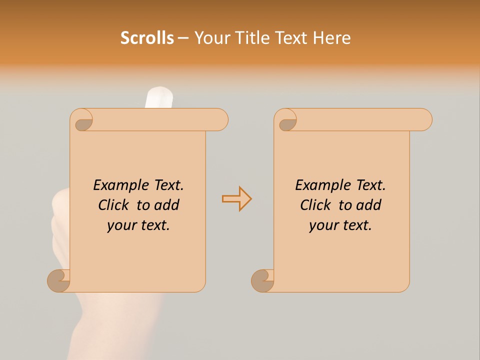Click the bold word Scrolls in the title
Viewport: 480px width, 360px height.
(147, 38)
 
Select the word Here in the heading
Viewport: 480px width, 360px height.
(331, 38)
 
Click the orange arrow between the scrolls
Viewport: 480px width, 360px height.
(236, 199)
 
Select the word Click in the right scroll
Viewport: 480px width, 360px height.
(316, 205)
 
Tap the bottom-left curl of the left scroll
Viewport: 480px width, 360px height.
(58, 280)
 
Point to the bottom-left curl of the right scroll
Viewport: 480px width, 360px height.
(262, 280)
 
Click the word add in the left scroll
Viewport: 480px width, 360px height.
(167, 205)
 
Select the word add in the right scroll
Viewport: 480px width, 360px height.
(369, 205)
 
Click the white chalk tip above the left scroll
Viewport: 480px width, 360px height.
(158, 97)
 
